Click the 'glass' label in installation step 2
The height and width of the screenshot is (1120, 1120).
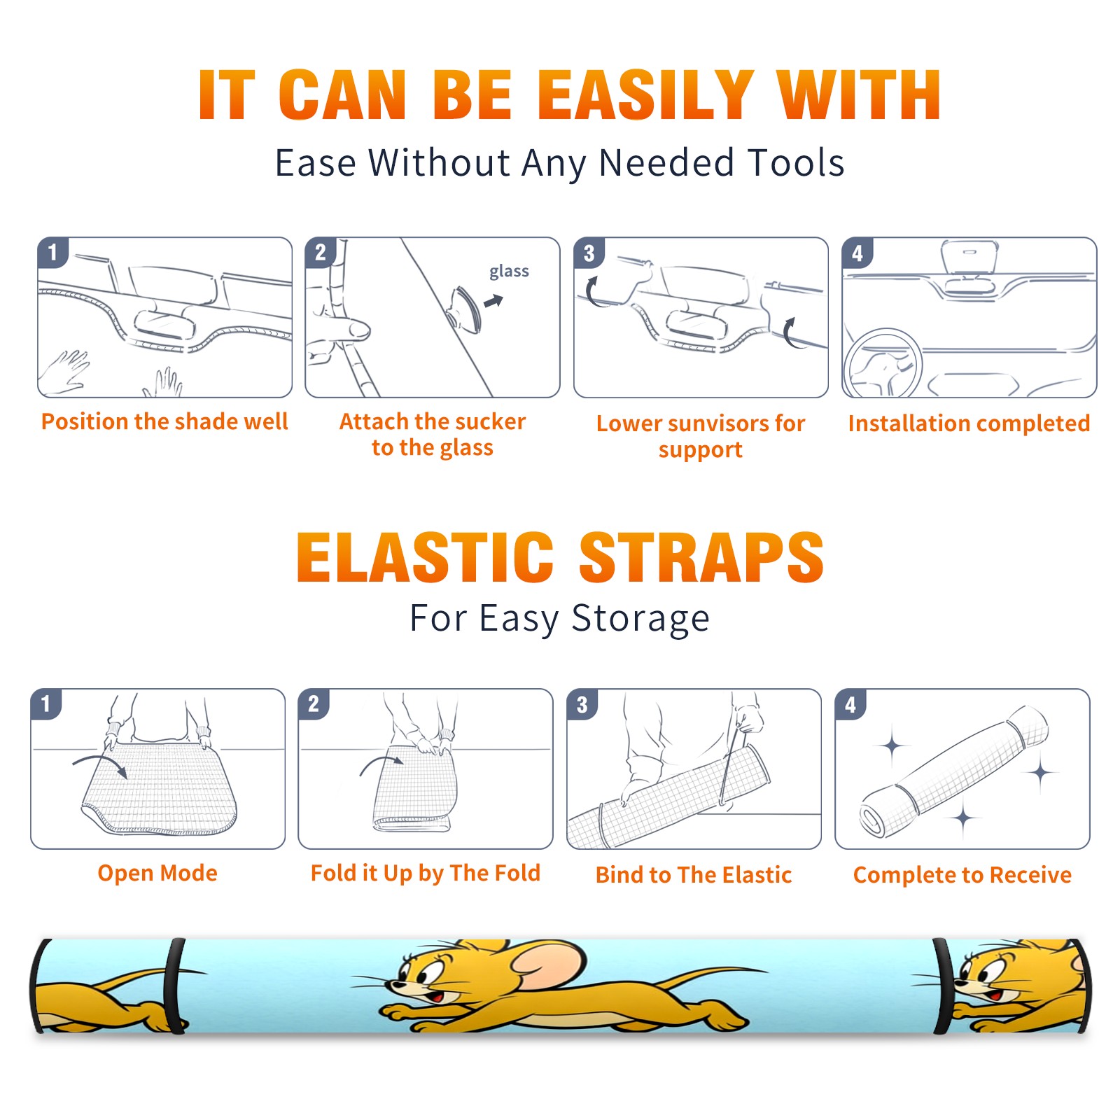click(x=509, y=272)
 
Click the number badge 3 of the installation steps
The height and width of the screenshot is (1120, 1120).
click(x=589, y=253)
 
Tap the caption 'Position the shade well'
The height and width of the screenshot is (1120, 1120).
click(x=164, y=421)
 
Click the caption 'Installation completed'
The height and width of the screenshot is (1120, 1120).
click(x=969, y=423)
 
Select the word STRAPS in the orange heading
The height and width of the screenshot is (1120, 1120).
click(x=701, y=557)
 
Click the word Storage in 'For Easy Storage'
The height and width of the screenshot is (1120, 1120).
click(x=640, y=619)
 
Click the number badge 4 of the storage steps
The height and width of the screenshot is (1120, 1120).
click(x=850, y=704)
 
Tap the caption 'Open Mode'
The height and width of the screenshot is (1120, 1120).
click(x=157, y=873)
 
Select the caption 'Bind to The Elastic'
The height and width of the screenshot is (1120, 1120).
click(x=694, y=875)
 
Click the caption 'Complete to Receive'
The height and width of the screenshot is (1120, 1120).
click(x=962, y=875)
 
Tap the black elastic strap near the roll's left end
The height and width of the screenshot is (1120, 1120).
click(x=174, y=986)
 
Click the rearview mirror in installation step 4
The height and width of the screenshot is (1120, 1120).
click(x=969, y=258)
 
